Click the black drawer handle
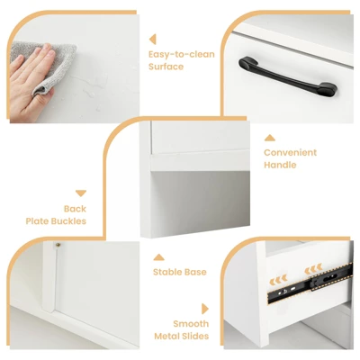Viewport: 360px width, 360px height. (x=287, y=76)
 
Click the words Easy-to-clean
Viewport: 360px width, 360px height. (x=182, y=54)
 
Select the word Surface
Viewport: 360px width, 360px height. (x=166, y=67)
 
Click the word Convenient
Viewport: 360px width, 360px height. (x=290, y=152)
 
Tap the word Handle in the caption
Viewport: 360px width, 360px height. (x=280, y=165)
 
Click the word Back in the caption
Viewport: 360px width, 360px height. (x=75, y=209)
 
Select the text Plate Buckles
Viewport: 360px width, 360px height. (x=56, y=221)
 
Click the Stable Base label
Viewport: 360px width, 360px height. (x=180, y=272)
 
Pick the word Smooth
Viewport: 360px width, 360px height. (x=191, y=324)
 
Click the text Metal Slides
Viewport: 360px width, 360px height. (x=182, y=336)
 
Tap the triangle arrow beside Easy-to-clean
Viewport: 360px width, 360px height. (x=152, y=40)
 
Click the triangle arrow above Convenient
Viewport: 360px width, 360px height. (x=269, y=138)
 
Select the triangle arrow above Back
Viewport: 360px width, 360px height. (x=81, y=193)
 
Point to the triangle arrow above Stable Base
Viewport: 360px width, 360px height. (x=158, y=257)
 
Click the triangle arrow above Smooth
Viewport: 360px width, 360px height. (x=205, y=309)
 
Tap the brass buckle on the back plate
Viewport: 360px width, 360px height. (x=58, y=245)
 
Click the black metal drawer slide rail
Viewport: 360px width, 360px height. (x=310, y=283)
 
